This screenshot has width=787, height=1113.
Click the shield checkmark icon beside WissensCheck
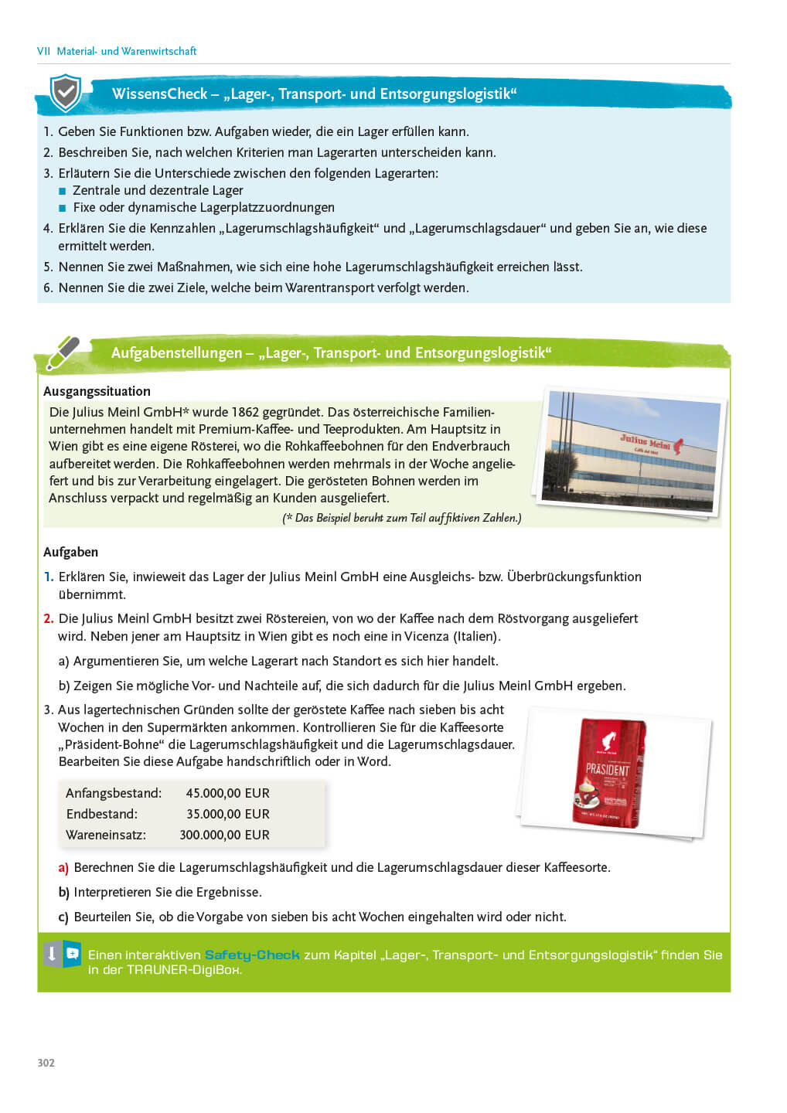(x=66, y=93)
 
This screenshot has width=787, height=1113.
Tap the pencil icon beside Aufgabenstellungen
(x=63, y=352)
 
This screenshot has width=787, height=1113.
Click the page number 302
(x=46, y=1063)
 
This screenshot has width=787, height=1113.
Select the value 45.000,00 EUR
(x=227, y=793)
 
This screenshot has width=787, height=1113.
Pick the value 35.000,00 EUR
(x=227, y=814)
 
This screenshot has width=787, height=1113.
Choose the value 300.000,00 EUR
(x=224, y=835)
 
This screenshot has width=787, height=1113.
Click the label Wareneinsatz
(x=106, y=835)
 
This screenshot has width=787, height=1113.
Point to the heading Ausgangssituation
(x=97, y=391)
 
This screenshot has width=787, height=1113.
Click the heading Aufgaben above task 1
(x=70, y=552)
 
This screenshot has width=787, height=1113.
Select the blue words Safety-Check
(x=251, y=955)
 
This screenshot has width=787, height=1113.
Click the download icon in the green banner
(x=52, y=954)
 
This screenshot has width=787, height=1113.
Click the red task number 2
(x=48, y=618)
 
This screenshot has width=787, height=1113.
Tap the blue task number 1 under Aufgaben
(x=48, y=577)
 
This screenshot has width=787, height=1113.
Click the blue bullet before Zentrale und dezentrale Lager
(x=63, y=191)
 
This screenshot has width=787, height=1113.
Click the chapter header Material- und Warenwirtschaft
(x=126, y=51)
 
